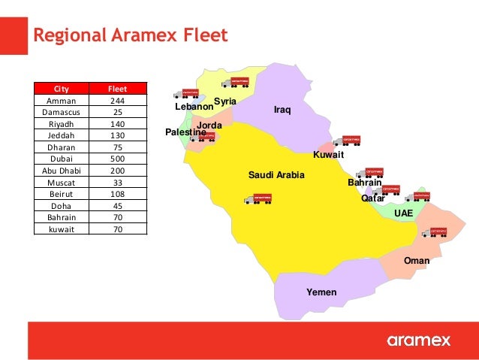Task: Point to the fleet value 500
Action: point(118,159)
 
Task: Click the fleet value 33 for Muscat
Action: point(118,183)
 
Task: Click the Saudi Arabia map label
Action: point(276,175)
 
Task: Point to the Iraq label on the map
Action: point(282,110)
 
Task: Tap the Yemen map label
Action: point(321,292)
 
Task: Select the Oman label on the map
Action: point(417,261)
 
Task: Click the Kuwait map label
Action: point(328,155)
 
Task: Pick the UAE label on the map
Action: point(404,213)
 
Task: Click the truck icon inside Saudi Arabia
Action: point(258,199)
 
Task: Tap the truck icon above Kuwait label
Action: point(348,140)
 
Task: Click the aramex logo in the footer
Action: point(419,340)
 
